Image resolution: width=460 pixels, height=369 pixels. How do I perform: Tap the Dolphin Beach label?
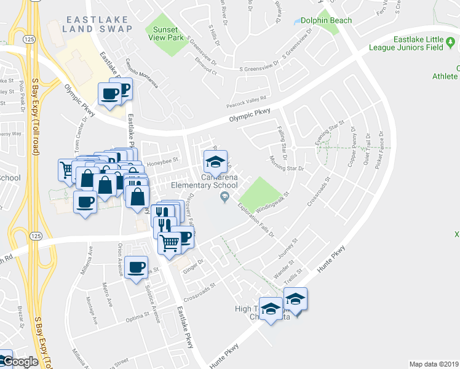click(327, 20)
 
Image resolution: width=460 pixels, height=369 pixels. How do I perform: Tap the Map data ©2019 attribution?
click(434, 364)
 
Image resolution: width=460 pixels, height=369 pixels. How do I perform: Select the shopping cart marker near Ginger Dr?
click(169, 242)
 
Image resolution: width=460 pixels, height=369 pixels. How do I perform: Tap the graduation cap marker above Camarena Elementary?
click(215, 162)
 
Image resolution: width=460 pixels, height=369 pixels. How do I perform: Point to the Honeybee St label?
click(161, 163)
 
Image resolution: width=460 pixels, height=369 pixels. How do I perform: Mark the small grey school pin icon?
click(224, 196)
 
